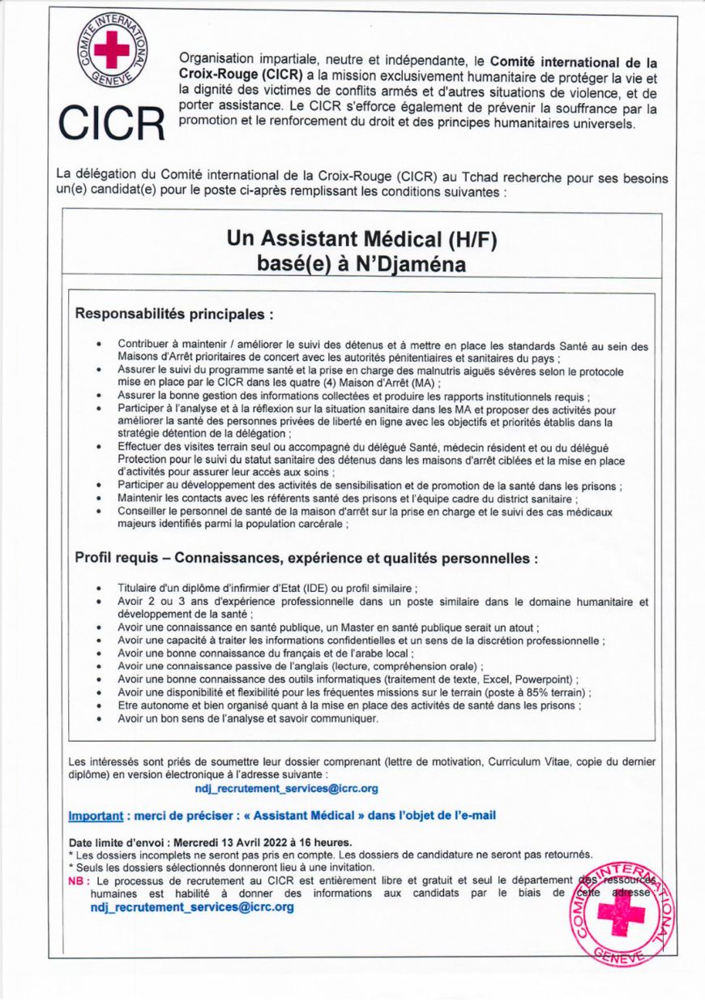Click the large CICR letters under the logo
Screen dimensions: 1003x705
(x=111, y=122)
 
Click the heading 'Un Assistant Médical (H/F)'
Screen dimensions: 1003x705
(x=361, y=239)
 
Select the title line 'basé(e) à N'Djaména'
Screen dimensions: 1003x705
(x=361, y=265)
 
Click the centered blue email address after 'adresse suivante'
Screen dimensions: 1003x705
(x=286, y=787)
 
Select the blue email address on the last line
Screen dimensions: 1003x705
(x=192, y=907)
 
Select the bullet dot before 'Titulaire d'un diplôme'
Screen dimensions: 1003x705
(x=99, y=588)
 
